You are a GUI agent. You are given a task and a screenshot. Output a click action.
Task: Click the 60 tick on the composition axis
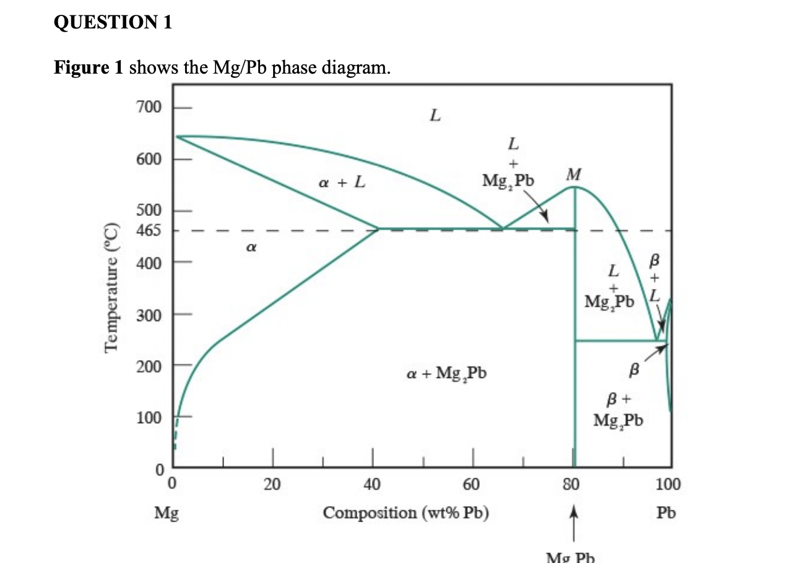(x=473, y=484)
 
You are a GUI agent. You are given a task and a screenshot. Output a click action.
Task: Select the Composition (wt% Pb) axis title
(x=407, y=513)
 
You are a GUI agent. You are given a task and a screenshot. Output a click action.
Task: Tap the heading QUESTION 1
(x=113, y=23)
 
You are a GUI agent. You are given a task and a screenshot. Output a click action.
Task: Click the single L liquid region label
(x=435, y=115)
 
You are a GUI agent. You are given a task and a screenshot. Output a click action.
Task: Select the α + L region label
(x=341, y=183)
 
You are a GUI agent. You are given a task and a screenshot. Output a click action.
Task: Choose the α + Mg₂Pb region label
(x=446, y=374)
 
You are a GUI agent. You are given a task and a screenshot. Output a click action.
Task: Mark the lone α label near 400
(x=249, y=247)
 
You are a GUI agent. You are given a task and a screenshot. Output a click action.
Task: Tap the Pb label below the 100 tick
(x=666, y=513)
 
